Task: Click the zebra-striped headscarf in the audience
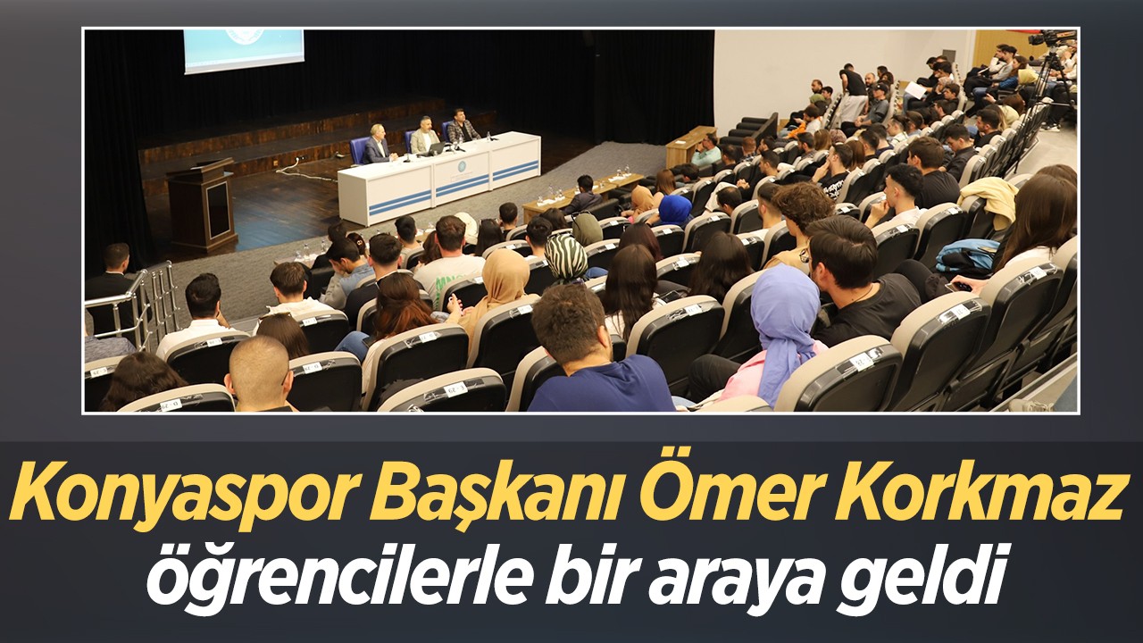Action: coord(565,258)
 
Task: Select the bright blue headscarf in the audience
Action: coord(674,210)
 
